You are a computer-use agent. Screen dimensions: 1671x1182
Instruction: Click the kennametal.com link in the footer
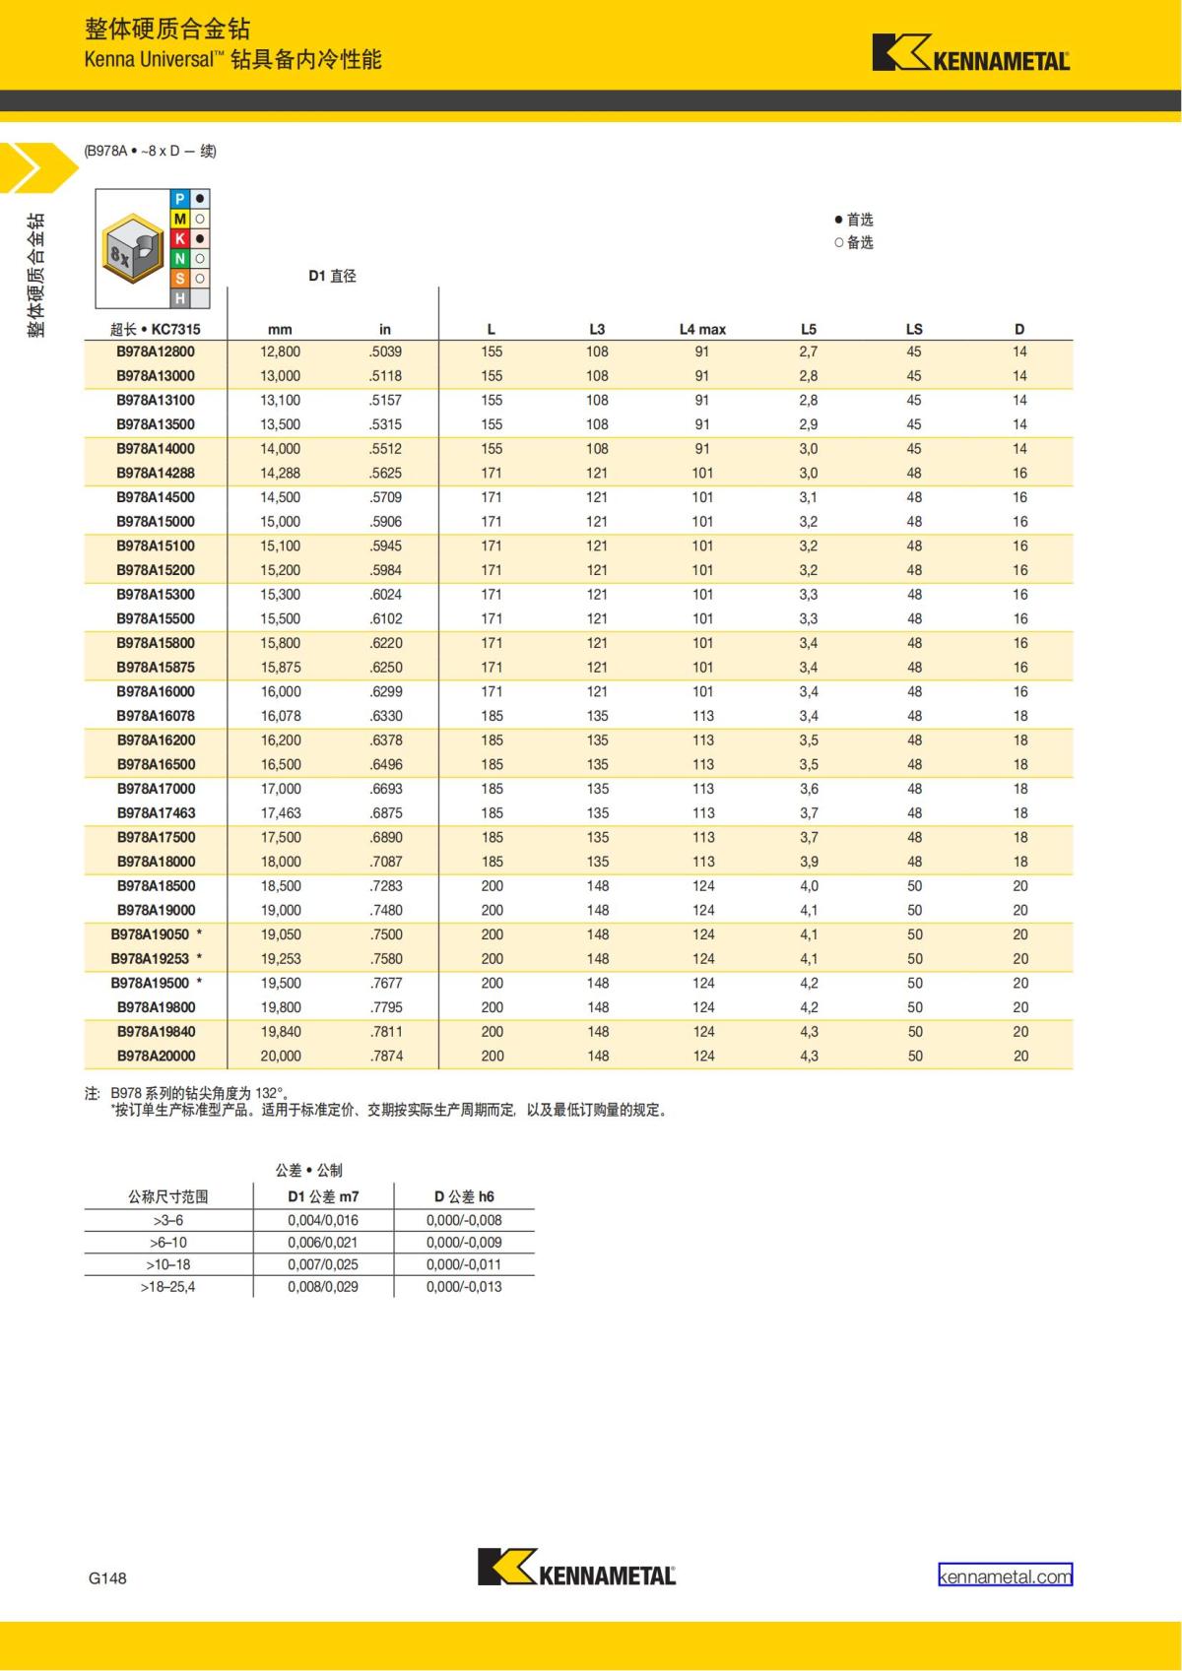1005,1575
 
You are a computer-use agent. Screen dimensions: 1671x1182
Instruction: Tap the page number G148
107,1577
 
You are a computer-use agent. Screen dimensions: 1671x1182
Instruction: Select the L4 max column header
701,329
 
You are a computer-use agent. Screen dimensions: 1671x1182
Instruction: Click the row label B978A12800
156,352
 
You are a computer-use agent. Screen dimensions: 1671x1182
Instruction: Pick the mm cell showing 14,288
280,473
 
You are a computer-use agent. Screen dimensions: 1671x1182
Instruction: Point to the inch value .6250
385,667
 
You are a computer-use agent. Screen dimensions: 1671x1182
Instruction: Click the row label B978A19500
150,983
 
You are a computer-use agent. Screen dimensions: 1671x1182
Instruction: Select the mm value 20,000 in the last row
280,1056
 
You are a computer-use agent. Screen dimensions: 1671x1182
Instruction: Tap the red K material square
180,238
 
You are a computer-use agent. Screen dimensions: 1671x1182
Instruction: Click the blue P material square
180,199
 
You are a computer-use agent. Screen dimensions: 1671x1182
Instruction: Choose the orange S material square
180,279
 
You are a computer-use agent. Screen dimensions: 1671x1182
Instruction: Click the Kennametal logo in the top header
970,54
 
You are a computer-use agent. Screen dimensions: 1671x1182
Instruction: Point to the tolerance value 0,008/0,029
323,1286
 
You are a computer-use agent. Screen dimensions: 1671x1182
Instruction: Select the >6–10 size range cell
167,1242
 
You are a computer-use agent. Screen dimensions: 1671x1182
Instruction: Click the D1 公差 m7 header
323,1196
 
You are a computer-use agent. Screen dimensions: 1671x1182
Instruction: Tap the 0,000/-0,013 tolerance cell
464,1286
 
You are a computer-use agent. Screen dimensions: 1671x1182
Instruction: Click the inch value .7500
385,934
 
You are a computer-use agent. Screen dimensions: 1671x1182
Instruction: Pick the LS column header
914,329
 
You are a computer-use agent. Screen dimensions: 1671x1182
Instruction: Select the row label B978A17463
156,812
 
